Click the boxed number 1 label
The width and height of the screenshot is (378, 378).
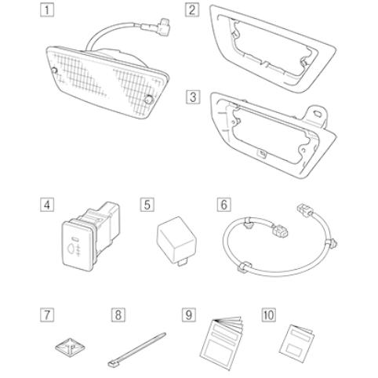point(47,10)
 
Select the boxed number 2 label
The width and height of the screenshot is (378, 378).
point(192,10)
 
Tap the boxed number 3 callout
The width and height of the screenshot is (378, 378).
point(193,97)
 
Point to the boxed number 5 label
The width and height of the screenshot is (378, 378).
point(147,205)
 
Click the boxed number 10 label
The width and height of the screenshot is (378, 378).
point(268,314)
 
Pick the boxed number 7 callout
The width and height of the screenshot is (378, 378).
point(47,314)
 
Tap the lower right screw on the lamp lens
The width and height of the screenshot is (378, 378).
point(148,100)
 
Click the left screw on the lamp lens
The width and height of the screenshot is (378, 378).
point(54,71)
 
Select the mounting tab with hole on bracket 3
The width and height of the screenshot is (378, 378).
point(317,114)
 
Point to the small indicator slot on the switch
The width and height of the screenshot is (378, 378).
point(75,238)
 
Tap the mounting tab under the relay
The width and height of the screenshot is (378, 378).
point(183,263)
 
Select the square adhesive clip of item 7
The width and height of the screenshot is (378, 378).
point(70,347)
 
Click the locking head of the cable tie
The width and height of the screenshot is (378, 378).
point(112,363)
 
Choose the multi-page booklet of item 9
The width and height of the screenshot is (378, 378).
point(223,343)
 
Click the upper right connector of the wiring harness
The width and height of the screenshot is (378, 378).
point(304,210)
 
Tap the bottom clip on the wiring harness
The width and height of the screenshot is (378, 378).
point(244,267)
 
